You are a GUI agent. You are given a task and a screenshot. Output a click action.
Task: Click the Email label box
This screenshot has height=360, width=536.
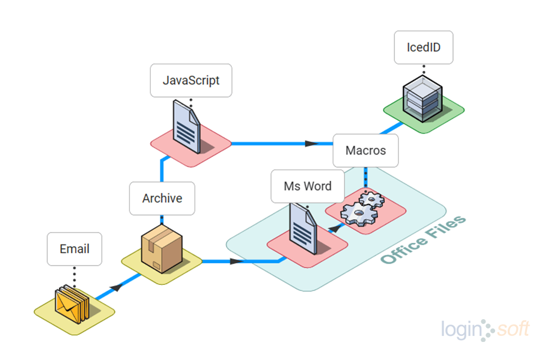[x=75, y=249]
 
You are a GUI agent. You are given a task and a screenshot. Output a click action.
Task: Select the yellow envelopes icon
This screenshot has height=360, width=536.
[x=72, y=304]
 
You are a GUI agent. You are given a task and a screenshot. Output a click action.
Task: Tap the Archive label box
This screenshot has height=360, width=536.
[x=162, y=198]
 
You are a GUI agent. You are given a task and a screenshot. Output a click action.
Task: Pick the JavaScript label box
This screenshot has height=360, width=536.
[x=191, y=80]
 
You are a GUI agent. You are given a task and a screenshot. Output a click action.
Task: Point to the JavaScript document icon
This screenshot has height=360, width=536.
[x=187, y=126]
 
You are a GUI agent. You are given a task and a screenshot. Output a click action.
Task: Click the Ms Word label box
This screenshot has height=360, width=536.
[x=308, y=186]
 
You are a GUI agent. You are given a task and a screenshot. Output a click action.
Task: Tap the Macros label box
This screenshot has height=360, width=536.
[x=365, y=150]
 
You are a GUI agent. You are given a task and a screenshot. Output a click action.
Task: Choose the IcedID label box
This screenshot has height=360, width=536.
[x=423, y=47]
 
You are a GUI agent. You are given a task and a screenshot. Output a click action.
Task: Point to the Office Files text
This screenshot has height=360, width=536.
[x=424, y=240]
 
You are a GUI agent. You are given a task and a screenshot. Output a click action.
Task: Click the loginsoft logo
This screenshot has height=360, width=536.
[x=485, y=329]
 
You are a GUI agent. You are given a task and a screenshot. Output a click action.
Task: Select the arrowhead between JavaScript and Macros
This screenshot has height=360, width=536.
[x=311, y=144]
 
